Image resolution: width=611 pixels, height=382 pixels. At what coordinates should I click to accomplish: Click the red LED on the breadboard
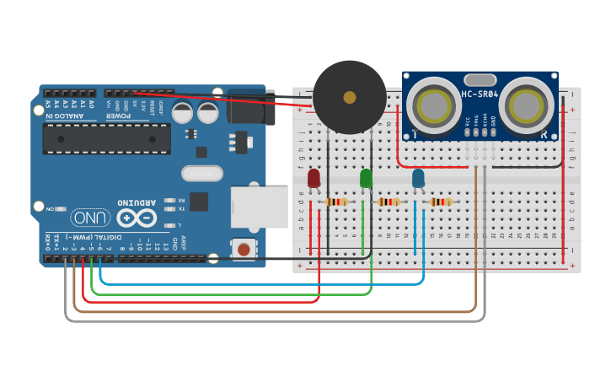point(314,178)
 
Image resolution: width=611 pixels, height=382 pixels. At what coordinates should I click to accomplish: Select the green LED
point(366,178)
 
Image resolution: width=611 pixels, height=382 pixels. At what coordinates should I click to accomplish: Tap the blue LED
point(418,178)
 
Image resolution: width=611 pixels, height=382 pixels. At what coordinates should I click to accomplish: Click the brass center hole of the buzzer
point(350,98)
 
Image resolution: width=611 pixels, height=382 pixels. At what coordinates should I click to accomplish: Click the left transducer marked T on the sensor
point(433,105)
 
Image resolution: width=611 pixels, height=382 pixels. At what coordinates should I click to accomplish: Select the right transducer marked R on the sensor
point(526,105)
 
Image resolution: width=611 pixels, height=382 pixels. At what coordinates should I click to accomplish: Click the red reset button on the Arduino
point(244,249)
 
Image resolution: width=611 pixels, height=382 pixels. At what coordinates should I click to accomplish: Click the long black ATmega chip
point(107,138)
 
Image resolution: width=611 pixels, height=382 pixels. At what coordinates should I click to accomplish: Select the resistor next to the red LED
point(337,202)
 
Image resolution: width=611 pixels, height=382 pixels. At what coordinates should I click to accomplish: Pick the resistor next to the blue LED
point(440,202)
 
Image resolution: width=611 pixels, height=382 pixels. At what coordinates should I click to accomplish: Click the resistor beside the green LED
point(389,202)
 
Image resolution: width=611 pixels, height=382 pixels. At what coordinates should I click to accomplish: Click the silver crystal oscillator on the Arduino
point(202,173)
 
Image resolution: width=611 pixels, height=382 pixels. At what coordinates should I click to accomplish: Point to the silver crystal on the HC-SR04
point(479,78)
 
